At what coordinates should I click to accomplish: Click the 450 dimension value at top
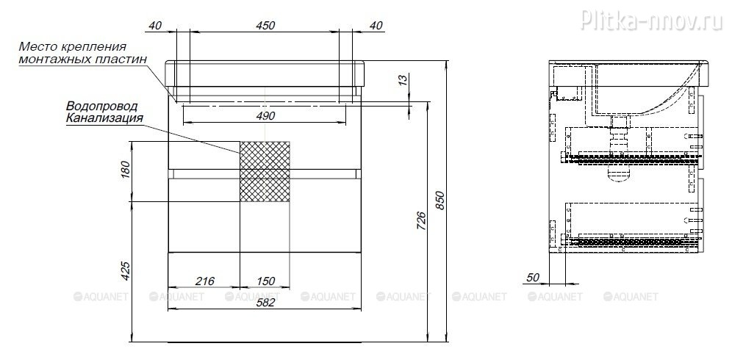coord(265,25)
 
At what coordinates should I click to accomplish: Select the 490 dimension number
coord(265,115)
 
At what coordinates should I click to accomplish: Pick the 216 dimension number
coord(204,281)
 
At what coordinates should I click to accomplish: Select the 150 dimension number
coord(265,281)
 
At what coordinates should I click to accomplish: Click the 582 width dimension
coord(265,302)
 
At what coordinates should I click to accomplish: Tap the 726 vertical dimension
coord(420,221)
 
